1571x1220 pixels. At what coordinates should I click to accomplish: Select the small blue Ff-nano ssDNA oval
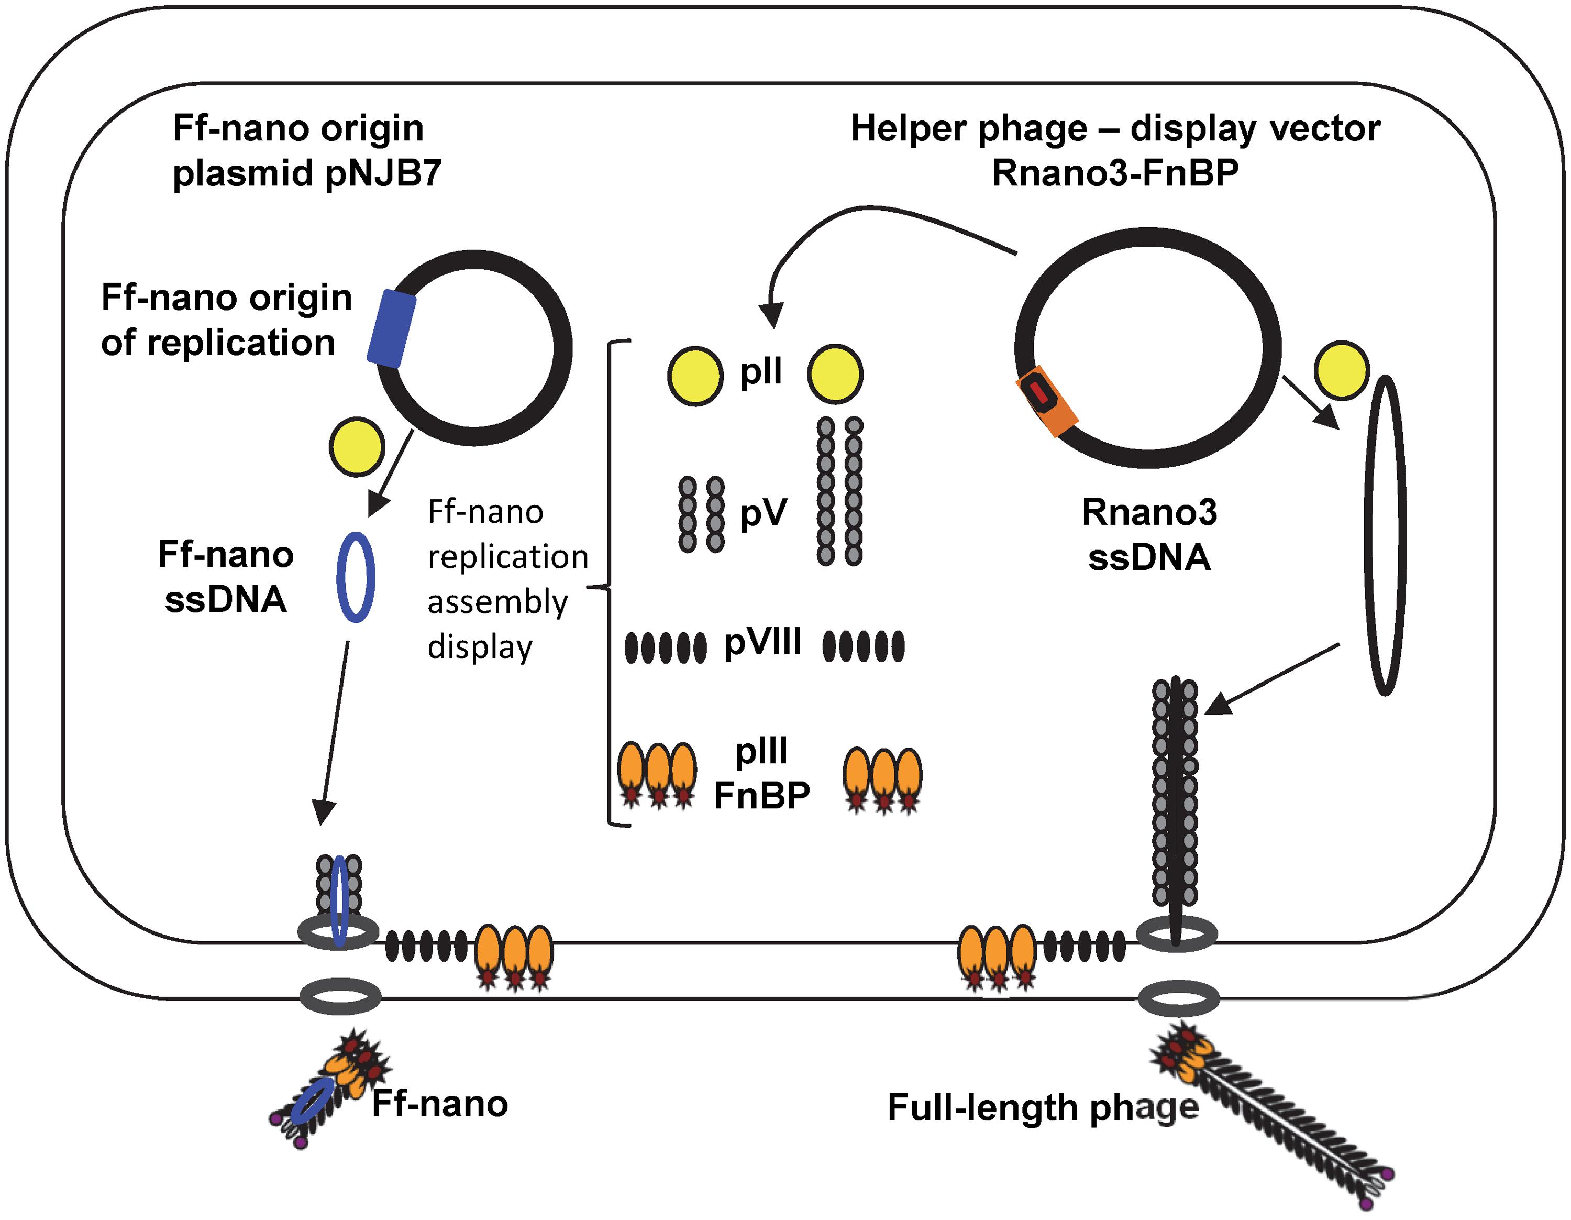pos(356,577)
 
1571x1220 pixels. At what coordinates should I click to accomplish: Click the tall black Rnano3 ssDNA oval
pos(1385,535)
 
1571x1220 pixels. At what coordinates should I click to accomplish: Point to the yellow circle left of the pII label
pos(695,376)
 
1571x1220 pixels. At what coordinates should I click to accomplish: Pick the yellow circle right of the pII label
pos(834,374)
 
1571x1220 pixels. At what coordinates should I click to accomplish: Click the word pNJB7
pos(383,173)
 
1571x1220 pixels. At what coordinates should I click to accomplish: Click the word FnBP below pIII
pos(762,795)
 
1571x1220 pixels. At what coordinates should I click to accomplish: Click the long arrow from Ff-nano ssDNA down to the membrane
pos(335,734)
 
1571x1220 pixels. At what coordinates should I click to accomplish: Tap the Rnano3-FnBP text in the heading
pos(1115,173)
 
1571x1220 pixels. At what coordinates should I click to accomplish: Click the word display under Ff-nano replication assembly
pos(480,647)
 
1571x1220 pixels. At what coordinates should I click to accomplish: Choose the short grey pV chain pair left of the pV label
pos(701,514)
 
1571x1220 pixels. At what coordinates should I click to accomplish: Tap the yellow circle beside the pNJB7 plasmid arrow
pos(357,447)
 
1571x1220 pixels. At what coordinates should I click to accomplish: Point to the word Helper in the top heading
pos(909,129)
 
